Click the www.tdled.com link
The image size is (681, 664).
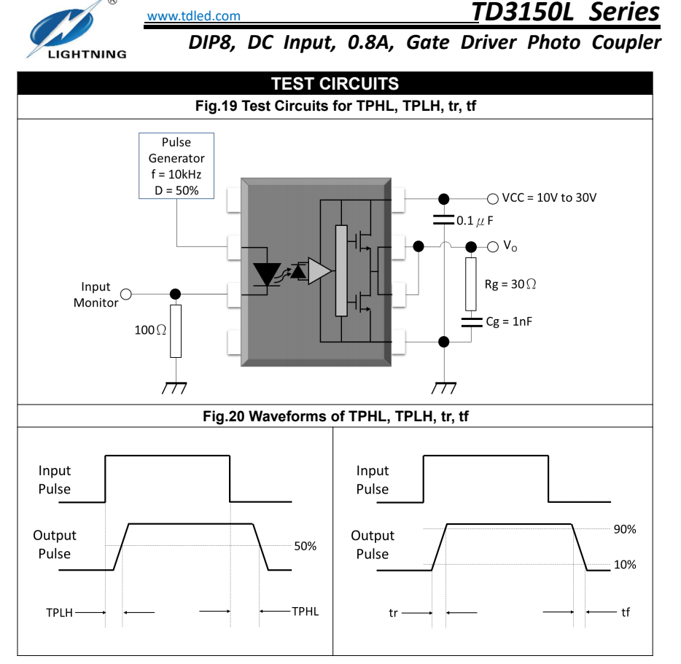193,15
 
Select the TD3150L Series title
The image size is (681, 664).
565,12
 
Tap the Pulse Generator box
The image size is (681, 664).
176,165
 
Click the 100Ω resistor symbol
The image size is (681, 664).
176,331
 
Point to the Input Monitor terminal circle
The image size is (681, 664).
126,294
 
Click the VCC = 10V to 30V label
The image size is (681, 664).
548,198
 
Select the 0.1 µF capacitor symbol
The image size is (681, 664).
442,219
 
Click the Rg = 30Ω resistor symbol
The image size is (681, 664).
470,284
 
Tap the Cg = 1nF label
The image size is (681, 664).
509,321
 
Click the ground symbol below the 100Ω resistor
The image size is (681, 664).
175,387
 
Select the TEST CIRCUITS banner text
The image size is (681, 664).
335,84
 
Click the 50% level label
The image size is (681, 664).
305,546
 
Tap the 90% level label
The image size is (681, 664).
624,529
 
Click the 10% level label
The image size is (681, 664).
624,565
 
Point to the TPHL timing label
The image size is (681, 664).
306,612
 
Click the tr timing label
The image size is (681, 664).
394,613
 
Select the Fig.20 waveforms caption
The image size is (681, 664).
335,417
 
